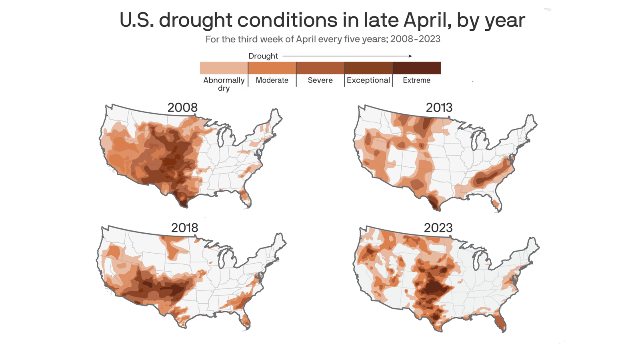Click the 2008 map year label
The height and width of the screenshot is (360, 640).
point(182,108)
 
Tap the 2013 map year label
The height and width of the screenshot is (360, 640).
point(439,108)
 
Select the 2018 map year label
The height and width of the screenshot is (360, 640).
point(184,228)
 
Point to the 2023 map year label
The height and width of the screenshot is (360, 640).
point(438,228)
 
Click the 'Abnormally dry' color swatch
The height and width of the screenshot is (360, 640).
point(224,68)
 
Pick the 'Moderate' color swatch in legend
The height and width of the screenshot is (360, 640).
point(272,68)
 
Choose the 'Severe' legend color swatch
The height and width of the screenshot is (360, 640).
point(320,68)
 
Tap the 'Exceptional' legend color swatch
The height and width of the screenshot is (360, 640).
point(368,68)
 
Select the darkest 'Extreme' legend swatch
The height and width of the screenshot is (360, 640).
point(417,68)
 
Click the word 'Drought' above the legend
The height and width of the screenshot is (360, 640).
point(263,56)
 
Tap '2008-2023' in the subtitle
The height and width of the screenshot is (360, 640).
point(415,39)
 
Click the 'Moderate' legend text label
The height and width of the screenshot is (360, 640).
point(272,80)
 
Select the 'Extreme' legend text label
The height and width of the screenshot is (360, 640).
point(416,80)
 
